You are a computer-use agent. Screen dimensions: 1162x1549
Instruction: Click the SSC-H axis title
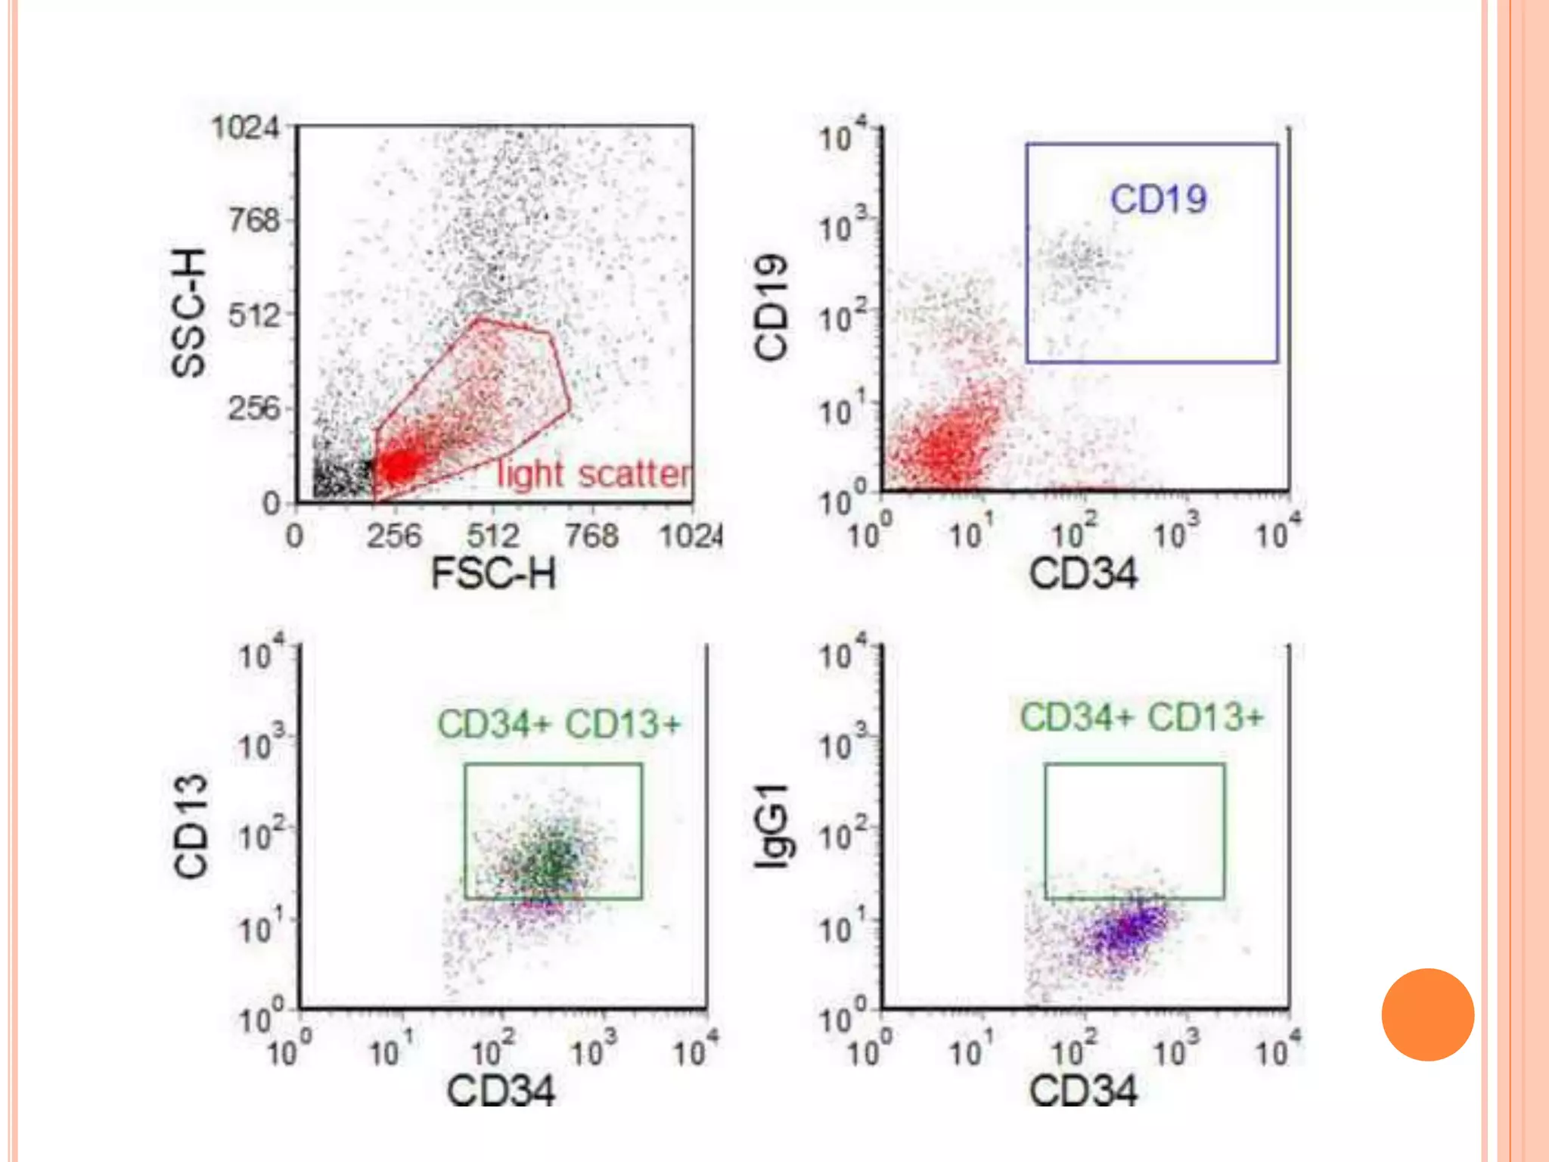click(x=188, y=312)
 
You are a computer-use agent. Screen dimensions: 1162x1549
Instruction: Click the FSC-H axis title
click(x=493, y=573)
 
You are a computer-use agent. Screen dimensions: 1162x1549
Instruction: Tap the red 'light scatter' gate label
click(x=594, y=475)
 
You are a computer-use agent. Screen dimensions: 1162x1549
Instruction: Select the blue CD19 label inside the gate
click(x=1158, y=200)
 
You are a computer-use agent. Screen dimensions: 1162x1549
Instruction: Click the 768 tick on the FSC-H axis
click(x=591, y=536)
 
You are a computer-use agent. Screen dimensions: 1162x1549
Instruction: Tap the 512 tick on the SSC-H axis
click(x=254, y=315)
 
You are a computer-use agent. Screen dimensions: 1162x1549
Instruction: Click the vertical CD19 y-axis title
click(x=771, y=307)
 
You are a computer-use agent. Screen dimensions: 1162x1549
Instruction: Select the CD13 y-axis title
click(x=191, y=826)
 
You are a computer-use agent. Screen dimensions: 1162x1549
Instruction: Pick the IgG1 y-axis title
click(x=772, y=826)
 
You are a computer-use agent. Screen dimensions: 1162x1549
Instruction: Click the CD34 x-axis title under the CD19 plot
click(x=1082, y=573)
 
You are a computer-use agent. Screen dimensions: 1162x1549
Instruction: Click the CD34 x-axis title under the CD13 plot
click(x=501, y=1090)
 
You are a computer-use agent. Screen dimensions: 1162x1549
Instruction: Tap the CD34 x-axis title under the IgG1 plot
click(x=1082, y=1090)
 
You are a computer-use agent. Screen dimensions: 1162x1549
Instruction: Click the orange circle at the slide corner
click(x=1427, y=1014)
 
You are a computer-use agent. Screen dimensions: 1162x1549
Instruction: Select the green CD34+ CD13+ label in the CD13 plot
click(x=559, y=724)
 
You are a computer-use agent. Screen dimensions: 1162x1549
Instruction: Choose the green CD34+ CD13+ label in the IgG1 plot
click(x=1141, y=717)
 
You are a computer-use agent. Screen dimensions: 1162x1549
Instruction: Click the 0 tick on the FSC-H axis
click(x=295, y=536)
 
